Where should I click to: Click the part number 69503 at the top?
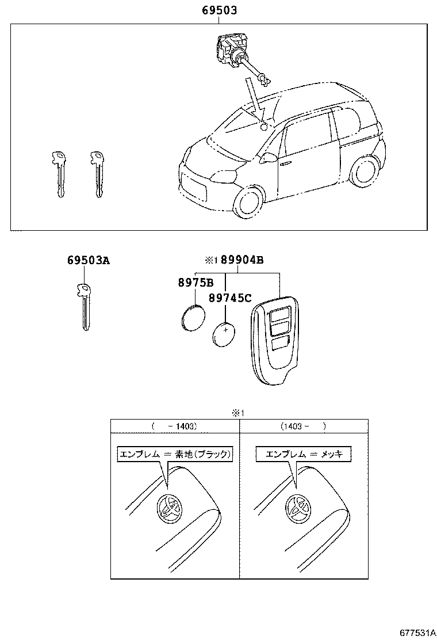pyautogui.click(x=219, y=10)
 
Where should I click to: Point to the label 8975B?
pyautogui.click(x=195, y=283)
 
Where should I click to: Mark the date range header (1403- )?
pyautogui.click(x=303, y=426)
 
